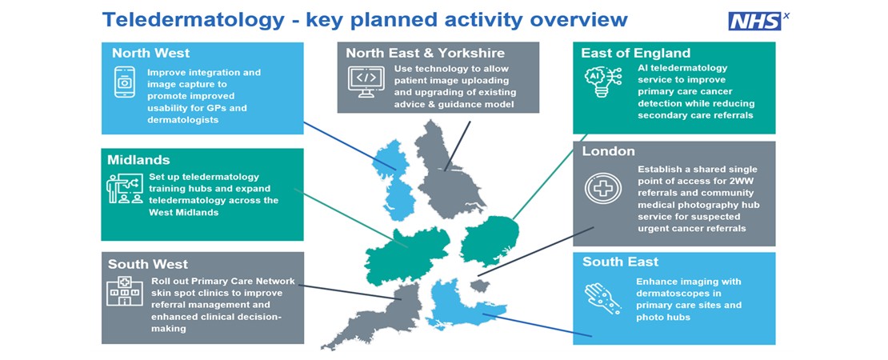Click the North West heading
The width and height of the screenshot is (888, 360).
[x=150, y=54]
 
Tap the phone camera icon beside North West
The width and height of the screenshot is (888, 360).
[x=125, y=82]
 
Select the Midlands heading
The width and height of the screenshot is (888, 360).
[x=138, y=160]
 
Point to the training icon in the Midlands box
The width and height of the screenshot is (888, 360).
[x=125, y=189]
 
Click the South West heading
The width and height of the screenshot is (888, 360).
[x=148, y=264]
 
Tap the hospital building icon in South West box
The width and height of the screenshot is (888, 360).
[x=125, y=291]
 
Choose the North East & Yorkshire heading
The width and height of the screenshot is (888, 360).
[x=426, y=54]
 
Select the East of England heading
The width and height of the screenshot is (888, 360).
[x=635, y=54]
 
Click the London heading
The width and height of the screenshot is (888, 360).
[x=608, y=152]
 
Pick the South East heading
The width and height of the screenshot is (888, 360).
[x=620, y=262]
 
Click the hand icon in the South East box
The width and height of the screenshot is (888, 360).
[x=602, y=297]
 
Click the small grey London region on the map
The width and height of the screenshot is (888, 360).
[x=480, y=286]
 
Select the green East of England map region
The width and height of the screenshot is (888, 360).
[x=489, y=242]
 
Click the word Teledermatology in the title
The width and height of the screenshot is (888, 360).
[x=194, y=20]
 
